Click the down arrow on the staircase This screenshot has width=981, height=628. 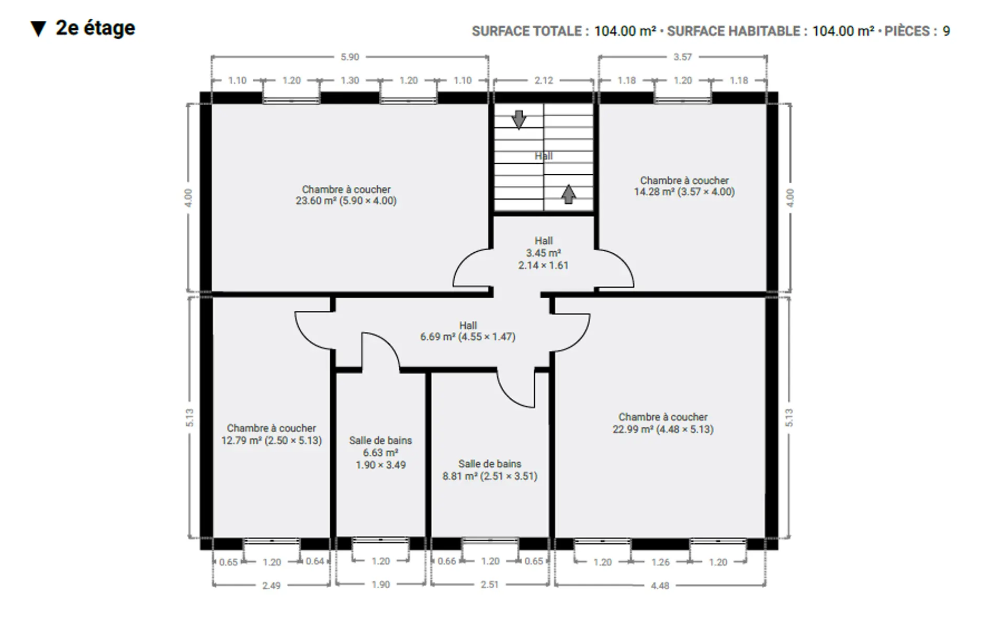tap(518, 119)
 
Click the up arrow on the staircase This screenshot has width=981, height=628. tap(568, 194)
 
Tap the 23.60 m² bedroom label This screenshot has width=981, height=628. tap(346, 195)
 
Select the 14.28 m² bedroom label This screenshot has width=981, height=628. tap(684, 186)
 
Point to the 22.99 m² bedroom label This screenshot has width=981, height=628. tap(663, 423)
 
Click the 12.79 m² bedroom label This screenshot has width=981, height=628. tap(272, 434)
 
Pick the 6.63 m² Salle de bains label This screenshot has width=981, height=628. tap(381, 453)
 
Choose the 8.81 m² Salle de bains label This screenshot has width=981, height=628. tap(490, 470)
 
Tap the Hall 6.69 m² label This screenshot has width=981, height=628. tap(468, 331)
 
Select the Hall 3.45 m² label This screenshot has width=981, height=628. tap(544, 253)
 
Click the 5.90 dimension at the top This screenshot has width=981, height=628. tap(349, 57)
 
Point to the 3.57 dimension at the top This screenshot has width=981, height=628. tap(682, 57)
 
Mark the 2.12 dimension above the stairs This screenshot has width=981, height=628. tap(544, 81)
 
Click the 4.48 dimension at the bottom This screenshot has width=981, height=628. tap(660, 586)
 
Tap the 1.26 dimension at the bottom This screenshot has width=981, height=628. tap(660, 562)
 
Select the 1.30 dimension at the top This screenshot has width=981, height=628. tap(349, 81)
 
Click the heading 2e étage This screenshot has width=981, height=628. tap(95, 28)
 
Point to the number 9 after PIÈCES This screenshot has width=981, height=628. tap(946, 31)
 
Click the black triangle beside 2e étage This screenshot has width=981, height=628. tap(38, 29)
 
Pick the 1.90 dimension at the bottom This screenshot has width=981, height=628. tap(381, 585)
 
